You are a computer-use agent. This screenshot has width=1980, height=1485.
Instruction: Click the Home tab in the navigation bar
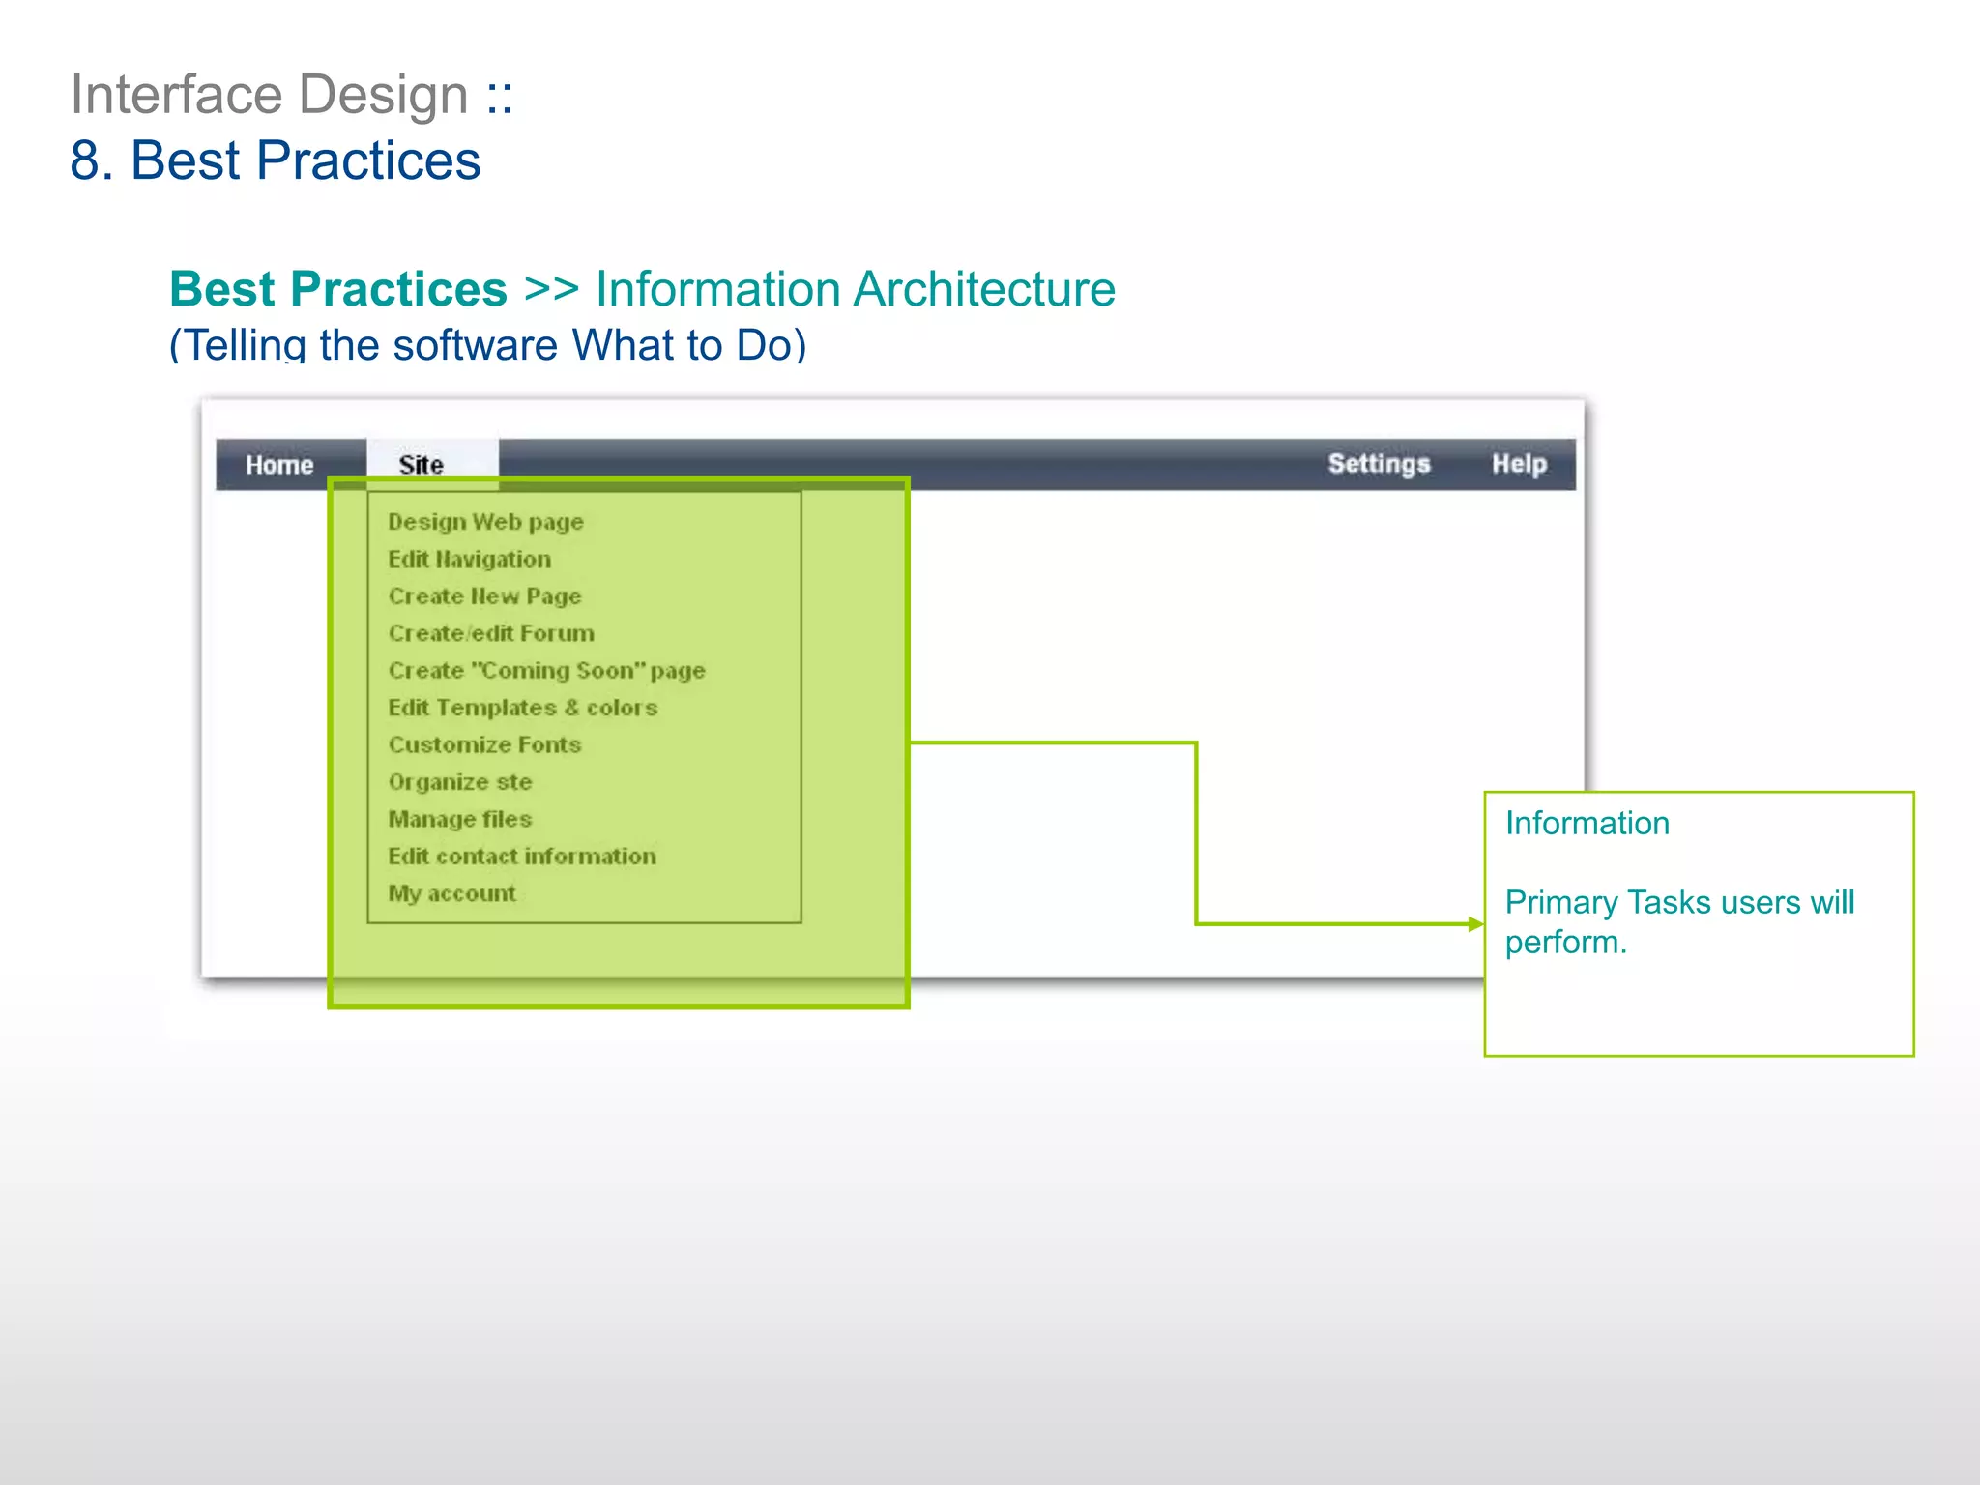click(x=279, y=465)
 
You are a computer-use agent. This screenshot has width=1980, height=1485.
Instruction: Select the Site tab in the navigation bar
click(x=422, y=465)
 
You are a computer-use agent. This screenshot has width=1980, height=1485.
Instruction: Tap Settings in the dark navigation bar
click(x=1379, y=464)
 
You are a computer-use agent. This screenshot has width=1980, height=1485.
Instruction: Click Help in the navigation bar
click(x=1519, y=464)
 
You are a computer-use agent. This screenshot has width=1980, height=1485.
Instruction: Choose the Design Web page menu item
click(x=485, y=522)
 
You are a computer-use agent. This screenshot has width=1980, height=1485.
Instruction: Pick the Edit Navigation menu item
click(x=469, y=559)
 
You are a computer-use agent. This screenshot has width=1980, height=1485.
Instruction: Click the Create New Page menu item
click(x=484, y=597)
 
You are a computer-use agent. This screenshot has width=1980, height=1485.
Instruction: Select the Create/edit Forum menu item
click(x=491, y=633)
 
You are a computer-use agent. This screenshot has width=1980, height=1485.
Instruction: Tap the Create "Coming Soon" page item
click(x=546, y=671)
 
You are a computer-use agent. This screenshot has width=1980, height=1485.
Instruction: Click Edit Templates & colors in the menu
click(x=522, y=708)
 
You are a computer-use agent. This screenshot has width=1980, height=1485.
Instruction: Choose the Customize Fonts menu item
click(x=484, y=744)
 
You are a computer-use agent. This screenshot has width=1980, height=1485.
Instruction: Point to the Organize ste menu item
click(x=460, y=782)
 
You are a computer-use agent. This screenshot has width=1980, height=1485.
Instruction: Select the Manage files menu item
click(x=460, y=819)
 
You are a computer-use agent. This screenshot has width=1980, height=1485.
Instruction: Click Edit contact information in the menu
click(x=522, y=857)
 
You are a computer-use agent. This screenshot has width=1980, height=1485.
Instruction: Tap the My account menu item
click(x=451, y=893)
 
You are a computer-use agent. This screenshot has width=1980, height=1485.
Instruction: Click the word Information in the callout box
click(x=1587, y=823)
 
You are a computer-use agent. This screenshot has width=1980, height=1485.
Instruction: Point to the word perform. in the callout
click(x=1565, y=942)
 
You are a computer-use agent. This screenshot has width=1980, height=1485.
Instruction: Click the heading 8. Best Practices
click(x=276, y=160)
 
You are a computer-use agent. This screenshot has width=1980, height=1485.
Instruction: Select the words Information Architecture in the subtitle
click(x=855, y=289)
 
